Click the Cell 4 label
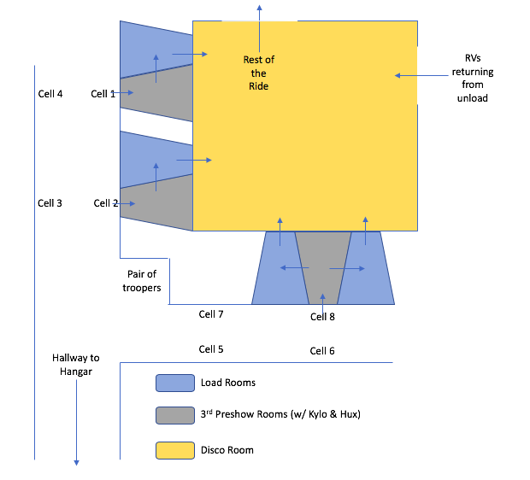(x=50, y=94)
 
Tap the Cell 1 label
(x=103, y=94)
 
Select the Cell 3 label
(x=50, y=203)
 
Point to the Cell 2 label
(x=105, y=203)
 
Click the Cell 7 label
(x=211, y=314)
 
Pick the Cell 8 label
(x=322, y=316)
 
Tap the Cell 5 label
(x=211, y=349)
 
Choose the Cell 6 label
(x=322, y=351)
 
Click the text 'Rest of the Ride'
(x=258, y=73)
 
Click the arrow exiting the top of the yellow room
(x=260, y=13)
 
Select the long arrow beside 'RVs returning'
(x=422, y=75)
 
